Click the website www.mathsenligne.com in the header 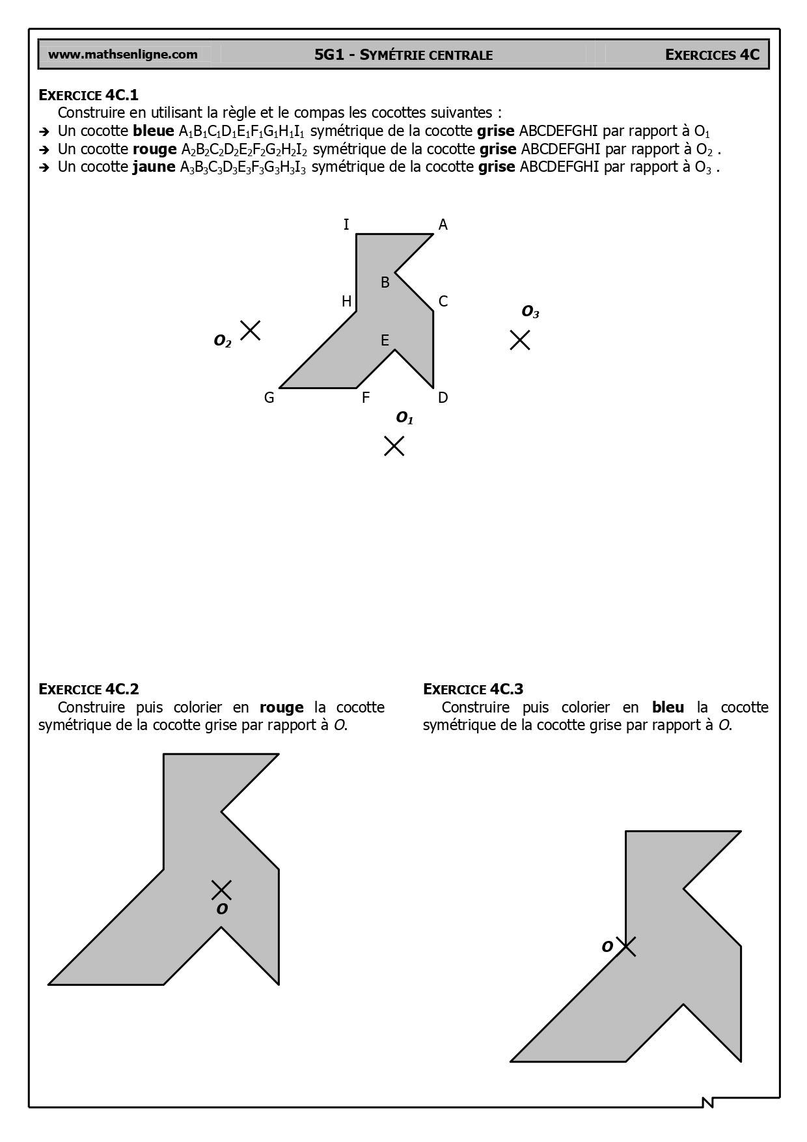(123, 55)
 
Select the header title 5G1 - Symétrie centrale (403, 55)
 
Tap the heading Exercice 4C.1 (89, 95)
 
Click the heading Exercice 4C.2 (89, 689)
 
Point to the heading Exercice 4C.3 (473, 689)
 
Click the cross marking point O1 (394, 446)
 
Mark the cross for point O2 (250, 331)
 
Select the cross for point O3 (519, 340)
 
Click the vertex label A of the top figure (443, 225)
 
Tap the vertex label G (269, 398)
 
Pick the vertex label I (346, 225)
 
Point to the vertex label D (443, 398)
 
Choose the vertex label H (347, 301)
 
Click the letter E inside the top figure (385, 340)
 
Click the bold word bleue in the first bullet (154, 131)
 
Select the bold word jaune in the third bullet (154, 167)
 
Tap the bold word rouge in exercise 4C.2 (281, 707)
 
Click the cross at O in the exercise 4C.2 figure (221, 890)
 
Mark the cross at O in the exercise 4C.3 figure (625, 946)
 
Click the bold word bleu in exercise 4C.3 (668, 707)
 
